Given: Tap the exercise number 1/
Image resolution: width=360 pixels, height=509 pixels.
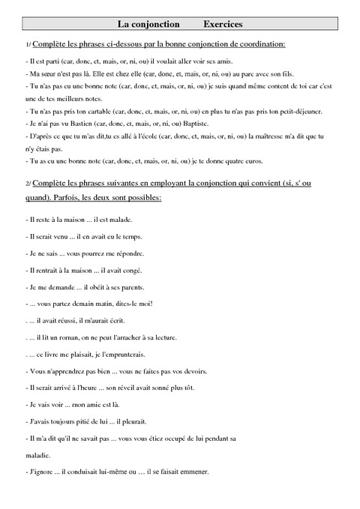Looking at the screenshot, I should (28, 46).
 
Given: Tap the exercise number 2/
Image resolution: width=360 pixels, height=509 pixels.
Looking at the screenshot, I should (28, 183).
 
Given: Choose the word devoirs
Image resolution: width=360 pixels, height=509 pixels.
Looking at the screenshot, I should (184, 371).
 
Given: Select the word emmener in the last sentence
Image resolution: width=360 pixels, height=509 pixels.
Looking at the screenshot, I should (193, 472).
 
